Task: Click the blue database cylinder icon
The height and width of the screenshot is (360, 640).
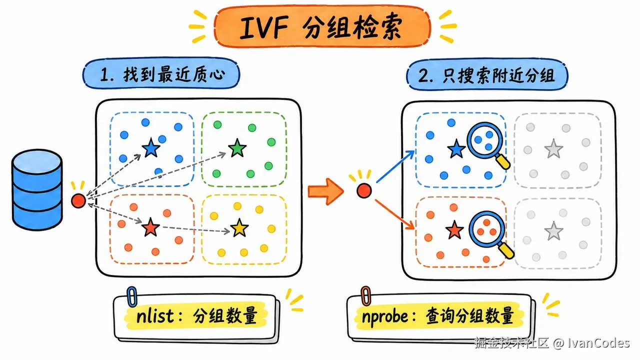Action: pyautogui.click(x=37, y=189)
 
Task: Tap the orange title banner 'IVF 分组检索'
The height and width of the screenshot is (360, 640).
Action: pyautogui.click(x=322, y=26)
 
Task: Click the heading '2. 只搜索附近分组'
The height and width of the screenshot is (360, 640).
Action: pyautogui.click(x=487, y=75)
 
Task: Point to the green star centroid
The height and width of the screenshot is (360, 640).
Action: pyautogui.click(x=237, y=148)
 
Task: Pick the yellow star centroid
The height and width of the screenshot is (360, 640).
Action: pyautogui.click(x=239, y=228)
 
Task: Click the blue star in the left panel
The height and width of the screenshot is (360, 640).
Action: pyautogui.click(x=151, y=147)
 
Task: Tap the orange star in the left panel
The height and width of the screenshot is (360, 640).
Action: pyautogui.click(x=150, y=227)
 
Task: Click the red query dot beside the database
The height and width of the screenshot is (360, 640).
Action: pyautogui.click(x=78, y=200)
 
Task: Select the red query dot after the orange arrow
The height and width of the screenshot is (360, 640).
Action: pyautogui.click(x=364, y=190)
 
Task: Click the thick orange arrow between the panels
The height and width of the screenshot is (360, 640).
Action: pyautogui.click(x=325, y=191)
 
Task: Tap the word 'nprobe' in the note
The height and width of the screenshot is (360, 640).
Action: pyautogui.click(x=385, y=317)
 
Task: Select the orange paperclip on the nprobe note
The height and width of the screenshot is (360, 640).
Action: pyautogui.click(x=365, y=296)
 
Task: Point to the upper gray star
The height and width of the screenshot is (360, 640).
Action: pyautogui.click(x=553, y=149)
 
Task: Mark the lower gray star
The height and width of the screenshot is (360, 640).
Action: pyautogui.click(x=553, y=231)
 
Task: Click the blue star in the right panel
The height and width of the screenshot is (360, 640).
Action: pyautogui.click(x=456, y=149)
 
